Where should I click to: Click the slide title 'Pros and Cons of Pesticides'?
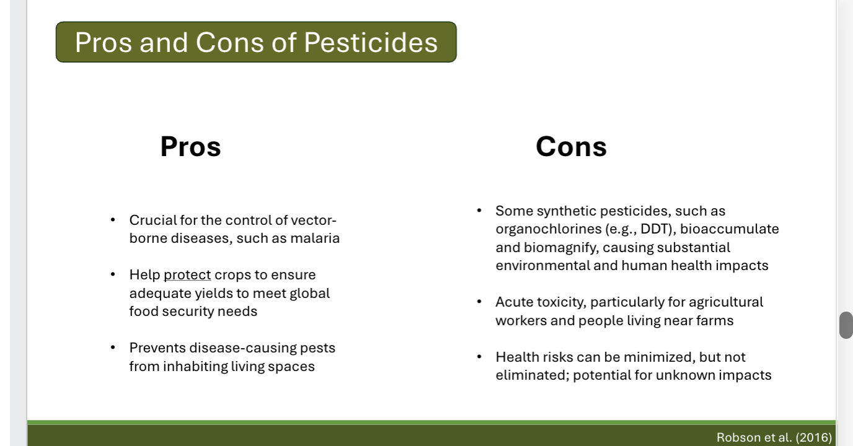tap(256, 42)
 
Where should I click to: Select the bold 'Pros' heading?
tap(190, 147)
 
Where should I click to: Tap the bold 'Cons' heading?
tap(571, 147)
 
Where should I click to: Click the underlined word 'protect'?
tap(187, 275)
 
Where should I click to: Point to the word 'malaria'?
tap(315, 238)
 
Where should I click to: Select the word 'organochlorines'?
tap(548, 229)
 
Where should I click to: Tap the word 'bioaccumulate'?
tap(730, 229)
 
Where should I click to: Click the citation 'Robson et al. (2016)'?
tap(774, 437)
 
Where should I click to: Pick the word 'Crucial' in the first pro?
tap(152, 221)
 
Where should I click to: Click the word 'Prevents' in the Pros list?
tap(157, 348)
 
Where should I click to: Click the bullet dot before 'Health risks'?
tap(479, 357)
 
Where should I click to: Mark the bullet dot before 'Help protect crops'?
tap(113, 274)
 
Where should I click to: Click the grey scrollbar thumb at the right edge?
tap(846, 325)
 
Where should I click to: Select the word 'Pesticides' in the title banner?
tap(371, 42)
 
